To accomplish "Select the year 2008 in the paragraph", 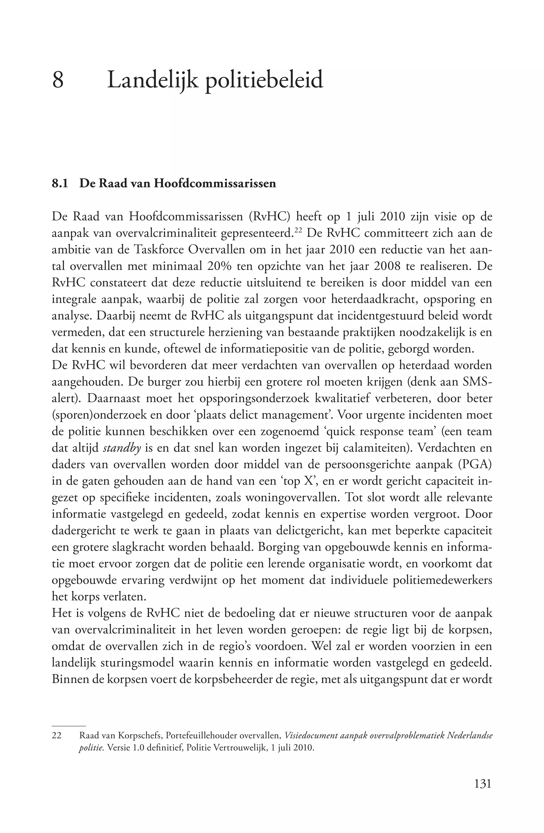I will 387,266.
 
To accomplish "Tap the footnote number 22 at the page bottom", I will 56,736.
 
